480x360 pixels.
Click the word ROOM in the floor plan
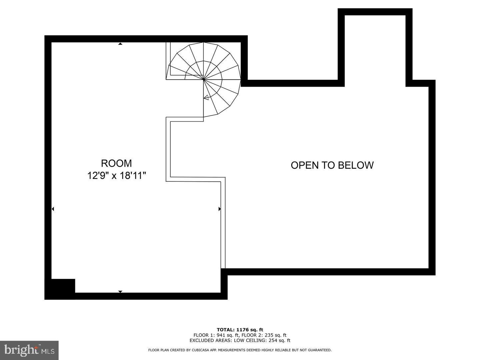[x=116, y=163]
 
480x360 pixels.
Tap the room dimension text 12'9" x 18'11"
[x=117, y=175]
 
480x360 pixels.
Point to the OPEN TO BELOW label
[x=332, y=165]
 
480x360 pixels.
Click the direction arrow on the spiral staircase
[x=206, y=97]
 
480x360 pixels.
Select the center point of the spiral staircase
[x=204, y=80]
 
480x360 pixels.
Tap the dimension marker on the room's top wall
[x=120, y=44]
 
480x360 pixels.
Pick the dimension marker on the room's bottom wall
[x=120, y=292]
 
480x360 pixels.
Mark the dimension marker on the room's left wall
[x=53, y=209]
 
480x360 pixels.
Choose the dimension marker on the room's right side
[x=219, y=209]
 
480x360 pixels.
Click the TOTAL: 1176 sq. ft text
[x=240, y=330]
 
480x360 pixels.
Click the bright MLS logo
[x=29, y=350]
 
